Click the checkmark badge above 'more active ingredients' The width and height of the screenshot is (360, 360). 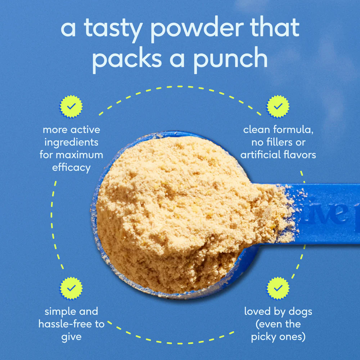click(71, 107)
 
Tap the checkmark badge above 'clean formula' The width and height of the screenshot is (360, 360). click(278, 107)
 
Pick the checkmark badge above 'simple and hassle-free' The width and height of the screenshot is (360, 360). click(71, 288)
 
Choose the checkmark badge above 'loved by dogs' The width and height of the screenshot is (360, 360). click(278, 288)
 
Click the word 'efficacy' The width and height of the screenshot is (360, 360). click(71, 168)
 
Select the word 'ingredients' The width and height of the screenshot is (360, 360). click(71, 142)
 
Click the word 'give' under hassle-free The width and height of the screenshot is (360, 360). click(71, 337)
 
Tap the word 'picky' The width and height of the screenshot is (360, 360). click(267, 337)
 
